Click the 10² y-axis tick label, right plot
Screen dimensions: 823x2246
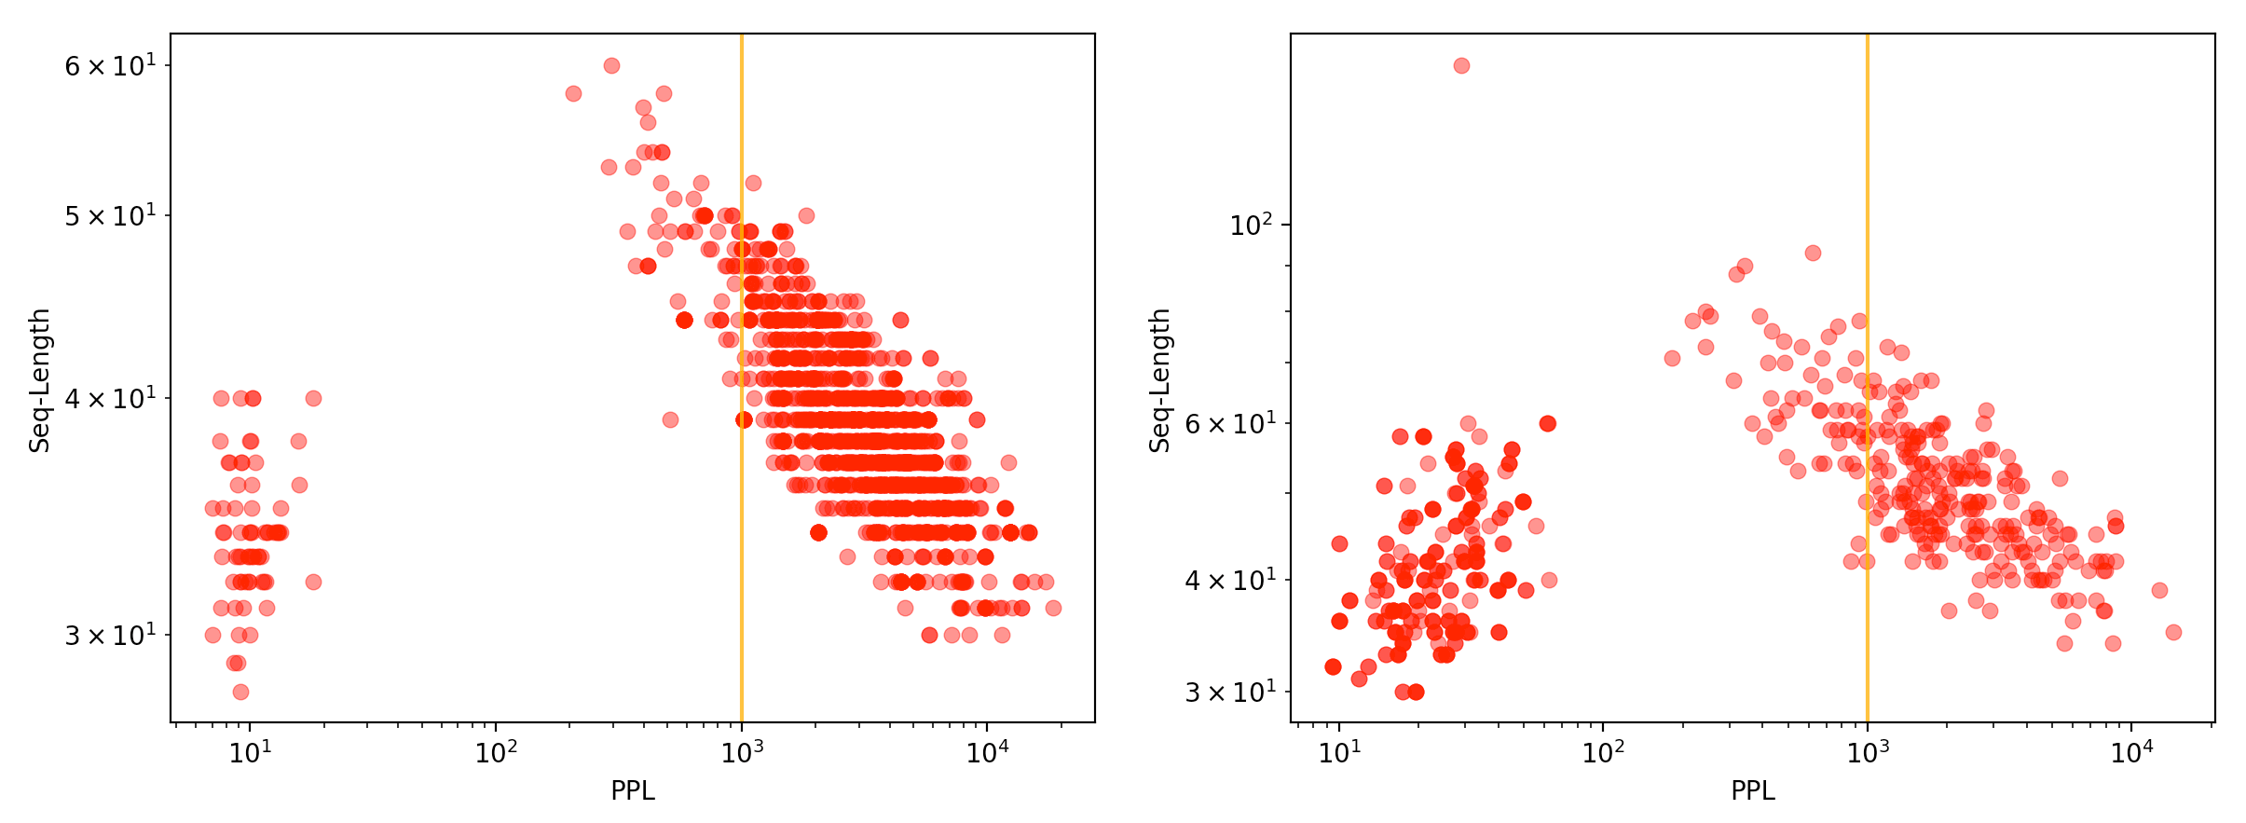pos(1251,226)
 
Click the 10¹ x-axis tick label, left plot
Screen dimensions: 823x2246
pos(250,752)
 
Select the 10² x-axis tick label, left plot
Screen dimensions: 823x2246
pos(496,752)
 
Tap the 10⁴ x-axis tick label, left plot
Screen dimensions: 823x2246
pos(987,752)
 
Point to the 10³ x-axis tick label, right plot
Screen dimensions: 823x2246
pos(1867,752)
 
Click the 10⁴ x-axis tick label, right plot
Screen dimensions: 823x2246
pos(2131,752)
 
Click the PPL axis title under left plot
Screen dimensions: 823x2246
pos(633,791)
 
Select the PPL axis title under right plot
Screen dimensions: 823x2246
pos(1753,791)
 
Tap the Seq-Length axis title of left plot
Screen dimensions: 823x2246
pos(40,380)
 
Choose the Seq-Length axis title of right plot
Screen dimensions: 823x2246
pos(1160,380)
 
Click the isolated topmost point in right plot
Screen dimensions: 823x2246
pos(1461,66)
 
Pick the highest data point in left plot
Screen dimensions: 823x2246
pos(611,66)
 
